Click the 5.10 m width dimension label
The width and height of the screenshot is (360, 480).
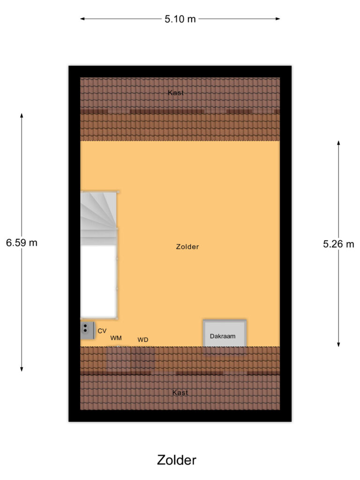180,19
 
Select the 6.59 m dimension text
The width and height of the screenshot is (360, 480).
22,243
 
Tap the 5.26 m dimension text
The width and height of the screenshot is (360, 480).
338,244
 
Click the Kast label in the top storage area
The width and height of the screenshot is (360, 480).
176,93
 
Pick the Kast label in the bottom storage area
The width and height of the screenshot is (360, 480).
180,393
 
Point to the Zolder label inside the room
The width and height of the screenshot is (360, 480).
187,247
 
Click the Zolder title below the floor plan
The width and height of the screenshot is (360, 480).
177,460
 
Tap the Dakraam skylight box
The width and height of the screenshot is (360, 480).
225,334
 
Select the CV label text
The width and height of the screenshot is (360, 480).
102,331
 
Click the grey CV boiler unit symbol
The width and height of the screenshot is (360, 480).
87,330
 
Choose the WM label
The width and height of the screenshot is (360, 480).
116,338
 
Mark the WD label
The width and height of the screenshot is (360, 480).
143,339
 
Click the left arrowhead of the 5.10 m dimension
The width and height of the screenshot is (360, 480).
82,19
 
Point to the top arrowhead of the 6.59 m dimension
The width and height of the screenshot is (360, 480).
22,115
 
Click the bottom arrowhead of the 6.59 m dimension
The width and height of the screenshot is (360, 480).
22,370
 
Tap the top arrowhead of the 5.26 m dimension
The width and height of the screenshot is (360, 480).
338,142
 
